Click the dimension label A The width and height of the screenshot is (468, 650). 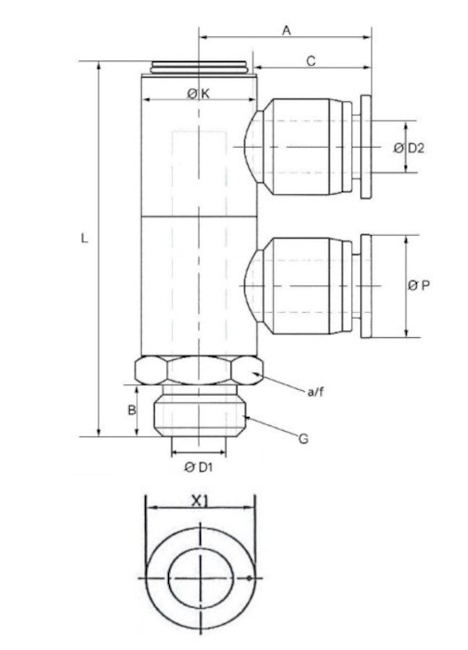coord(287,31)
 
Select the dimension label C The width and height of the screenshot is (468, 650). coord(311,61)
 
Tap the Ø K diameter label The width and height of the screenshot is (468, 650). coord(199,94)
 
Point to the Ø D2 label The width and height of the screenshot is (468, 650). coord(409,148)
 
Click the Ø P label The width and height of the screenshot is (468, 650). coord(419,285)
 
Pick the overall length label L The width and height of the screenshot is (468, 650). coord(84,239)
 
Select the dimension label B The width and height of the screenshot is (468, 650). coord(132,410)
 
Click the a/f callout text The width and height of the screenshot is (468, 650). coord(316,391)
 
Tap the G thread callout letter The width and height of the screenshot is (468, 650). coord(304,438)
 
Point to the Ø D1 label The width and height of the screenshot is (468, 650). coord(199,467)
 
